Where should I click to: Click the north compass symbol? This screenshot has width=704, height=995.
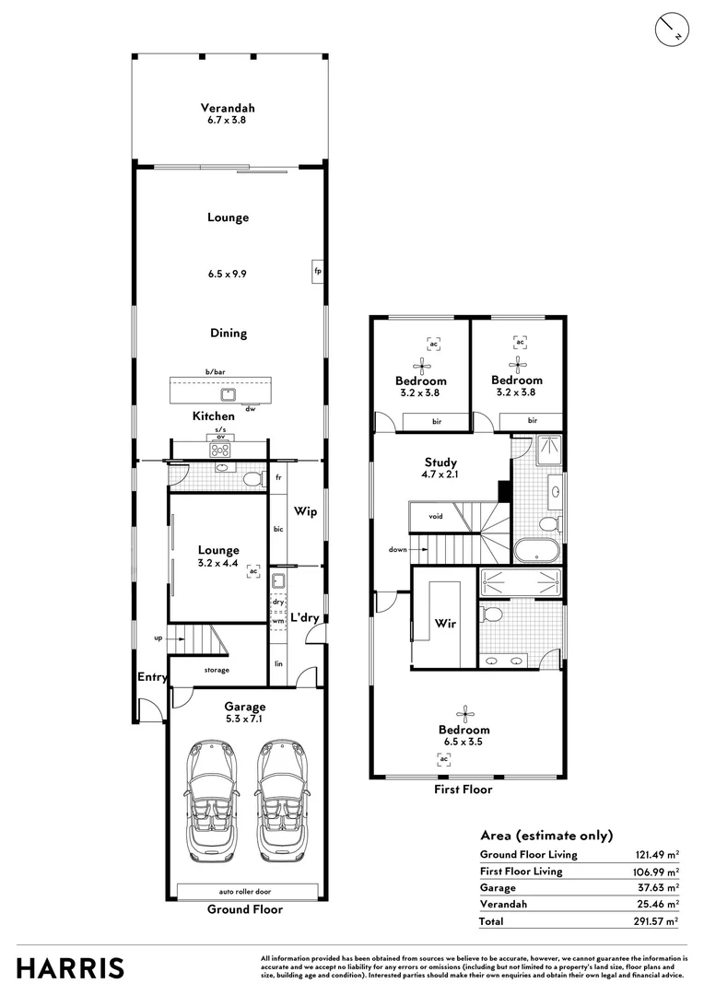pos(671,29)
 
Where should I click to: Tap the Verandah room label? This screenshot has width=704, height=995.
pos(228,108)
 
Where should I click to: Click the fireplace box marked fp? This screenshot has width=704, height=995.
pos(317,271)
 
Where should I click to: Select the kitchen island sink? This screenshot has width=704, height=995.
pos(229,395)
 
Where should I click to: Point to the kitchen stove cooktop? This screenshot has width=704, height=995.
pos(221,450)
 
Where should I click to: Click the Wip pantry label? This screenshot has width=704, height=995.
pos(305,511)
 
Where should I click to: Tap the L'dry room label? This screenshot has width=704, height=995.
pos(305,617)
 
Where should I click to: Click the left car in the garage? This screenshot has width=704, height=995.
pos(210,801)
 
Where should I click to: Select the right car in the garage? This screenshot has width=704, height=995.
pos(280,801)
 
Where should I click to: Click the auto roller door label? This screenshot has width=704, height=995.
pos(245,892)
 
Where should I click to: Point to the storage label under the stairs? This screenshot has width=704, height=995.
pos(217,670)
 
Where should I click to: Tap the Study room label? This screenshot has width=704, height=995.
pos(440,462)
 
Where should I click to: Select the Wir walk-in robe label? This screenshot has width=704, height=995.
pos(445,623)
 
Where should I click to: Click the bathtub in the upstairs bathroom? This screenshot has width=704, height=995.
pos(537,551)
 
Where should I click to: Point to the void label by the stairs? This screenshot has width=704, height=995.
pos(436,516)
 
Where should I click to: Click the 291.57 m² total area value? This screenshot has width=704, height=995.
pos(656,921)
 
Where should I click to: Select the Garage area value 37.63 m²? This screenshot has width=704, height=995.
pos(657,888)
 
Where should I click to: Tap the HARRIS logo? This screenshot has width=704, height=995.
pos(70,969)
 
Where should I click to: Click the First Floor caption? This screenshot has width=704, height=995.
pos(463,790)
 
